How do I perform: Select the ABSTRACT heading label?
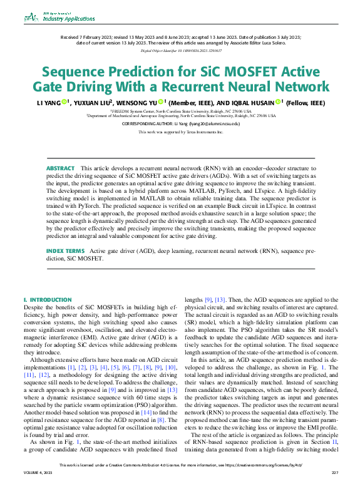tap(60, 168)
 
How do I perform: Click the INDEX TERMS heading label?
tap(66, 268)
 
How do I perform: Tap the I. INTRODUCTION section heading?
tap(48, 300)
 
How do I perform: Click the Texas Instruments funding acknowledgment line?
tap(180, 133)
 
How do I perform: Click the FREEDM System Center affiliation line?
tap(181, 110)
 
